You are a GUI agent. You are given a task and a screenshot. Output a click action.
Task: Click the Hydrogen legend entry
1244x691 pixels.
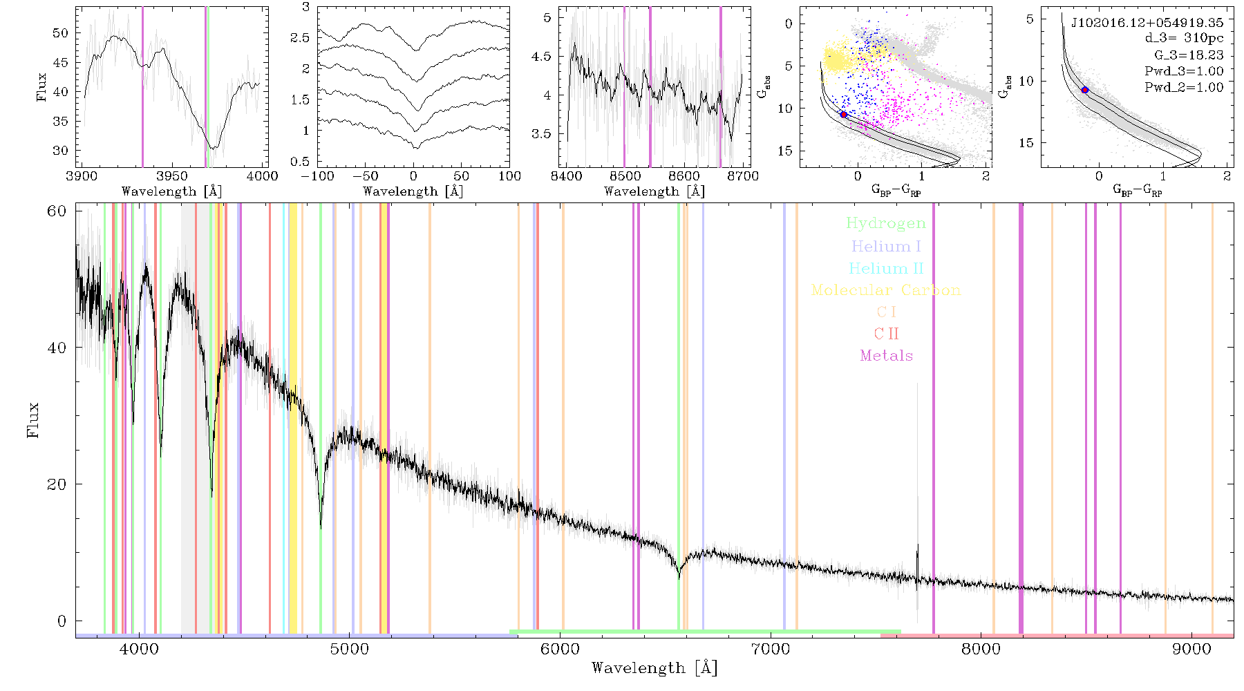pyautogui.click(x=885, y=224)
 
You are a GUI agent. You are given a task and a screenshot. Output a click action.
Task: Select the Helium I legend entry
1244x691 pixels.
pyautogui.click(x=886, y=246)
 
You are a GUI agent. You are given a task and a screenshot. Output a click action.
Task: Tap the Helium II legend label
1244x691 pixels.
pyautogui.click(x=886, y=268)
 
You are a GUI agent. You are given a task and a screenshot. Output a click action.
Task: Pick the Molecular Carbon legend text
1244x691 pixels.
pyautogui.click(x=886, y=290)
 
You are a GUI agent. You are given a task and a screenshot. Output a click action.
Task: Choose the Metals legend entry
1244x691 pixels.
pyautogui.click(x=886, y=356)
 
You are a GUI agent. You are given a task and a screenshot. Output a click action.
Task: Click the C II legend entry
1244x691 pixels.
pyautogui.click(x=886, y=334)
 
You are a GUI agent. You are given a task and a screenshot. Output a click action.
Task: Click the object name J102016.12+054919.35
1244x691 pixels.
pyautogui.click(x=1147, y=23)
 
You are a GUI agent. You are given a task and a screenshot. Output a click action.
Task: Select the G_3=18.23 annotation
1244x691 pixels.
pyautogui.click(x=1189, y=55)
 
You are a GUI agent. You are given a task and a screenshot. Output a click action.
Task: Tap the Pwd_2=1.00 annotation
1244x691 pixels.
pyautogui.click(x=1184, y=88)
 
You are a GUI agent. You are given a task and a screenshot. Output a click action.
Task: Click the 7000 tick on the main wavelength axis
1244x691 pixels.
pyautogui.click(x=770, y=649)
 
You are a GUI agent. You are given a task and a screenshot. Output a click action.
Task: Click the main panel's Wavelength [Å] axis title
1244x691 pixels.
pyautogui.click(x=654, y=668)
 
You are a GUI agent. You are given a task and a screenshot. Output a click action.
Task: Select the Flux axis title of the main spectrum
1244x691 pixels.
pyautogui.click(x=32, y=420)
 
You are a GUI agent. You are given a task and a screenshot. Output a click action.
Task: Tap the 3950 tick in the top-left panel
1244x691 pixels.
pyautogui.click(x=171, y=176)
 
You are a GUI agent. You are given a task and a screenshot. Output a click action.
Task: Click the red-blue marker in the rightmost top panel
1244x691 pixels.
pyautogui.click(x=1085, y=90)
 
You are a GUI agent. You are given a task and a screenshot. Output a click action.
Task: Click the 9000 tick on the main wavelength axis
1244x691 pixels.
pyautogui.click(x=1191, y=649)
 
